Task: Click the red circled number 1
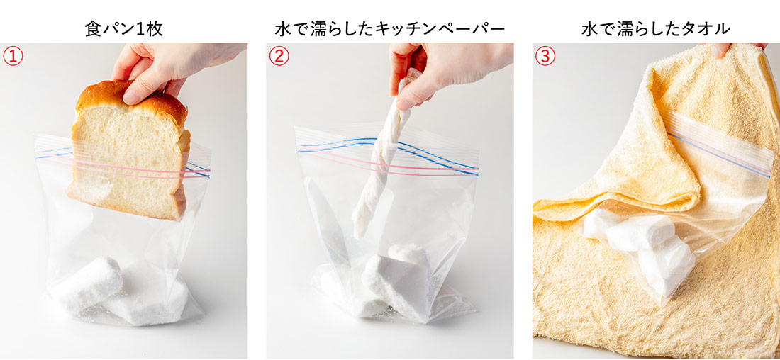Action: pos(13,56)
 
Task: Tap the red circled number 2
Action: pos(279,56)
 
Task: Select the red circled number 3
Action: pos(545,56)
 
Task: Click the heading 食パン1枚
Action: pos(124,29)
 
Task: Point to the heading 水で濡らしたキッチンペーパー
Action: pos(389,29)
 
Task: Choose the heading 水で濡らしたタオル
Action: pos(656,29)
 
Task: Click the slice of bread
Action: pos(129,149)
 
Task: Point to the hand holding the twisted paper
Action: pos(442,69)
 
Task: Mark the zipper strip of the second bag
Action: pos(387,155)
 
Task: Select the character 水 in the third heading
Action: pos(589,29)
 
